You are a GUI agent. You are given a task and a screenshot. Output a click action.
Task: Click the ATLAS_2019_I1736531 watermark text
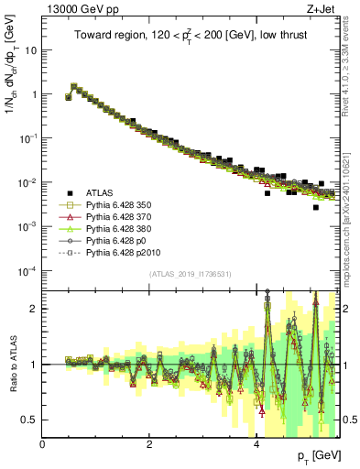190,274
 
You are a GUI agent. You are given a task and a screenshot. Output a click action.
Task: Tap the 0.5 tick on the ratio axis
29,420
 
